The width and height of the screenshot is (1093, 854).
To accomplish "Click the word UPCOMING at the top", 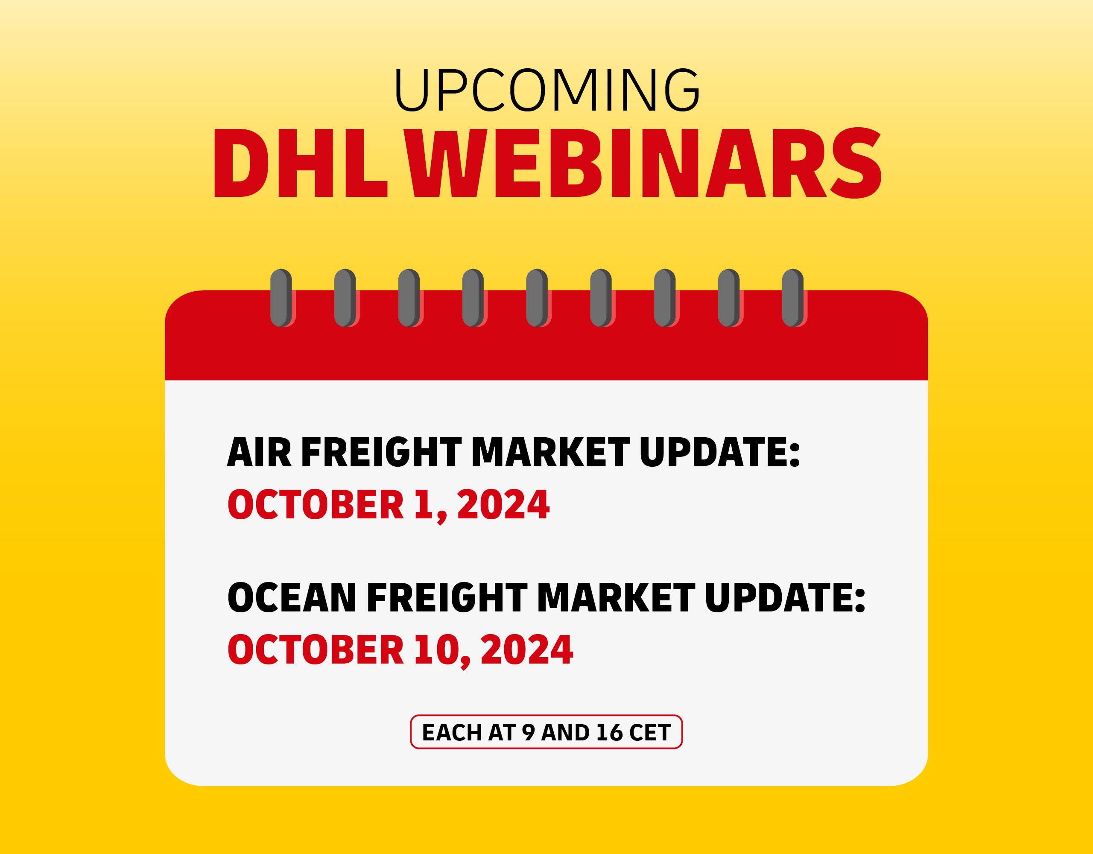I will (x=547, y=90).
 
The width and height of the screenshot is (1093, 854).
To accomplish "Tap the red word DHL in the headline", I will (x=301, y=163).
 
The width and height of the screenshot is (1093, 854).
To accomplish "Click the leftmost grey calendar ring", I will (x=281, y=298).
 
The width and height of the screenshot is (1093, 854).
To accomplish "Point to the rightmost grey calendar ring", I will (x=793, y=298).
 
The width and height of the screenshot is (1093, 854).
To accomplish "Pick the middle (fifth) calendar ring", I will (x=537, y=298).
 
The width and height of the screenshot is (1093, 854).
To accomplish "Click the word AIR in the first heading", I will (x=259, y=452).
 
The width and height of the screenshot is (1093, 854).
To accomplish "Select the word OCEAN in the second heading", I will (x=291, y=598).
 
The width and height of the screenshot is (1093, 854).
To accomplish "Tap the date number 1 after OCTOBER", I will (x=424, y=505).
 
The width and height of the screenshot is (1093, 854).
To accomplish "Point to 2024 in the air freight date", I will (x=503, y=505).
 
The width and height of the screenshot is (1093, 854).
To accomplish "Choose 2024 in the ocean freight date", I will (x=526, y=650).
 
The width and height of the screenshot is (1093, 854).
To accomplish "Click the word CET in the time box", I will (x=649, y=733).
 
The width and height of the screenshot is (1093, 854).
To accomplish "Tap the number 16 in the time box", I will (x=609, y=733).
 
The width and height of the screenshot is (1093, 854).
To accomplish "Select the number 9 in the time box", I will (x=528, y=733).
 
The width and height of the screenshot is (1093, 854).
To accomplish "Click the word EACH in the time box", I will (x=452, y=733).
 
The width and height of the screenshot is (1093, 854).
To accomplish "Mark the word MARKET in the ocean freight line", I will (x=616, y=598).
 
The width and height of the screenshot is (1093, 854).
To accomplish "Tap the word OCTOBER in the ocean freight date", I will (x=315, y=650).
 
